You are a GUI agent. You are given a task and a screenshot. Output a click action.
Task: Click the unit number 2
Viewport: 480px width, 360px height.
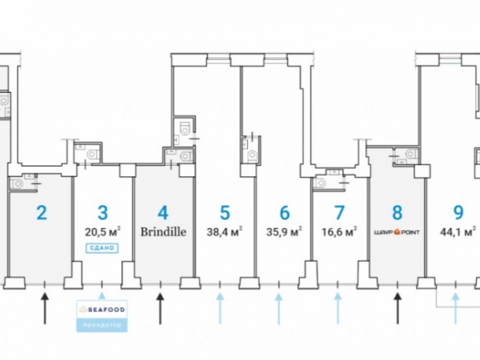[42, 212]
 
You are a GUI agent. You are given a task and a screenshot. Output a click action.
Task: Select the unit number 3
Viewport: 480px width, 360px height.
[102, 212]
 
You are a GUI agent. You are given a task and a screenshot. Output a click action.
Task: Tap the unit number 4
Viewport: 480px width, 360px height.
[163, 212]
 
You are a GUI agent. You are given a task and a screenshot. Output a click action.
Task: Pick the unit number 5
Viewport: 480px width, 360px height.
[225, 212]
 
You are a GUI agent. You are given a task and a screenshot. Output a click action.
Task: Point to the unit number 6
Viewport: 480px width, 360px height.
[284, 212]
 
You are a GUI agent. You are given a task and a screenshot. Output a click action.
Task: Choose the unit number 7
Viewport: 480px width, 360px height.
[339, 212]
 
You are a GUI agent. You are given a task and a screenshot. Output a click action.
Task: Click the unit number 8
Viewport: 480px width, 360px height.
[397, 212]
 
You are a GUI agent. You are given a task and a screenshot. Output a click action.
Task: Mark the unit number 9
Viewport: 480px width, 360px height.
[458, 212]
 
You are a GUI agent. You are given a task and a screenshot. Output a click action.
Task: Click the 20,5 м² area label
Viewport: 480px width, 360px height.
[102, 232]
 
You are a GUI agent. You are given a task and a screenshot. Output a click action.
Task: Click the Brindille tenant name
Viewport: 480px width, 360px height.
[163, 232]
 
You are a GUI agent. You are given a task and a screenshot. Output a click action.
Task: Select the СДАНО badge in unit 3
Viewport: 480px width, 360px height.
[102, 248]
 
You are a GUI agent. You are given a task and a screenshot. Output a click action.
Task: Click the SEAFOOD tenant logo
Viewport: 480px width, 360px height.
[102, 310]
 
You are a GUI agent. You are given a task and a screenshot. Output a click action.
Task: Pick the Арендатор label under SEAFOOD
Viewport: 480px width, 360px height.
[102, 325]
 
